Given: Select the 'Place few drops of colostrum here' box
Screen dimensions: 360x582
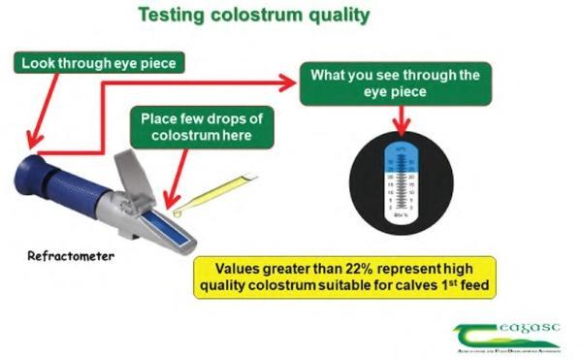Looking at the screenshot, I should click(x=201, y=126).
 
